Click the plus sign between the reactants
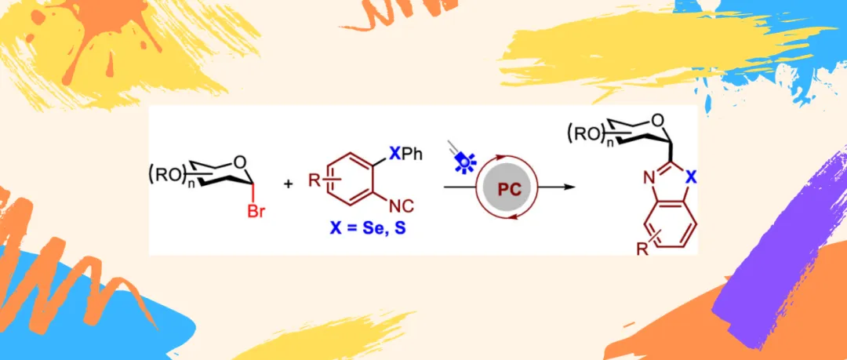(288, 184)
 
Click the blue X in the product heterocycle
(689, 179)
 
